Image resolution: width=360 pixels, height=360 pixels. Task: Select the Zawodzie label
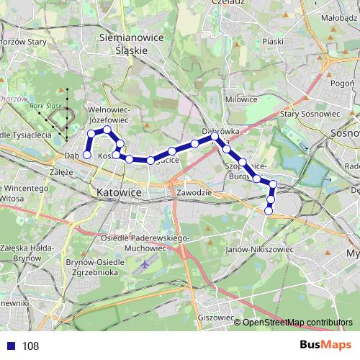point(191,193)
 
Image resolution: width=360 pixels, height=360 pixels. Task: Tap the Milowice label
point(241,99)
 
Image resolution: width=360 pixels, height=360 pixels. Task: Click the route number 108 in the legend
point(30,346)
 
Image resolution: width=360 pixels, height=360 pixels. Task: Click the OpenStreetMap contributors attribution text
point(297,323)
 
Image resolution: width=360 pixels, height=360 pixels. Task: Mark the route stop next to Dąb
point(87,154)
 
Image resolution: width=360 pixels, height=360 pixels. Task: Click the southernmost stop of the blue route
point(269,211)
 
